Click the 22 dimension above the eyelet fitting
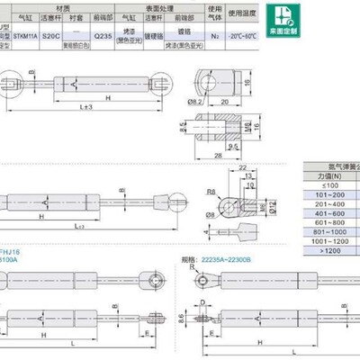tap(243, 169)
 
